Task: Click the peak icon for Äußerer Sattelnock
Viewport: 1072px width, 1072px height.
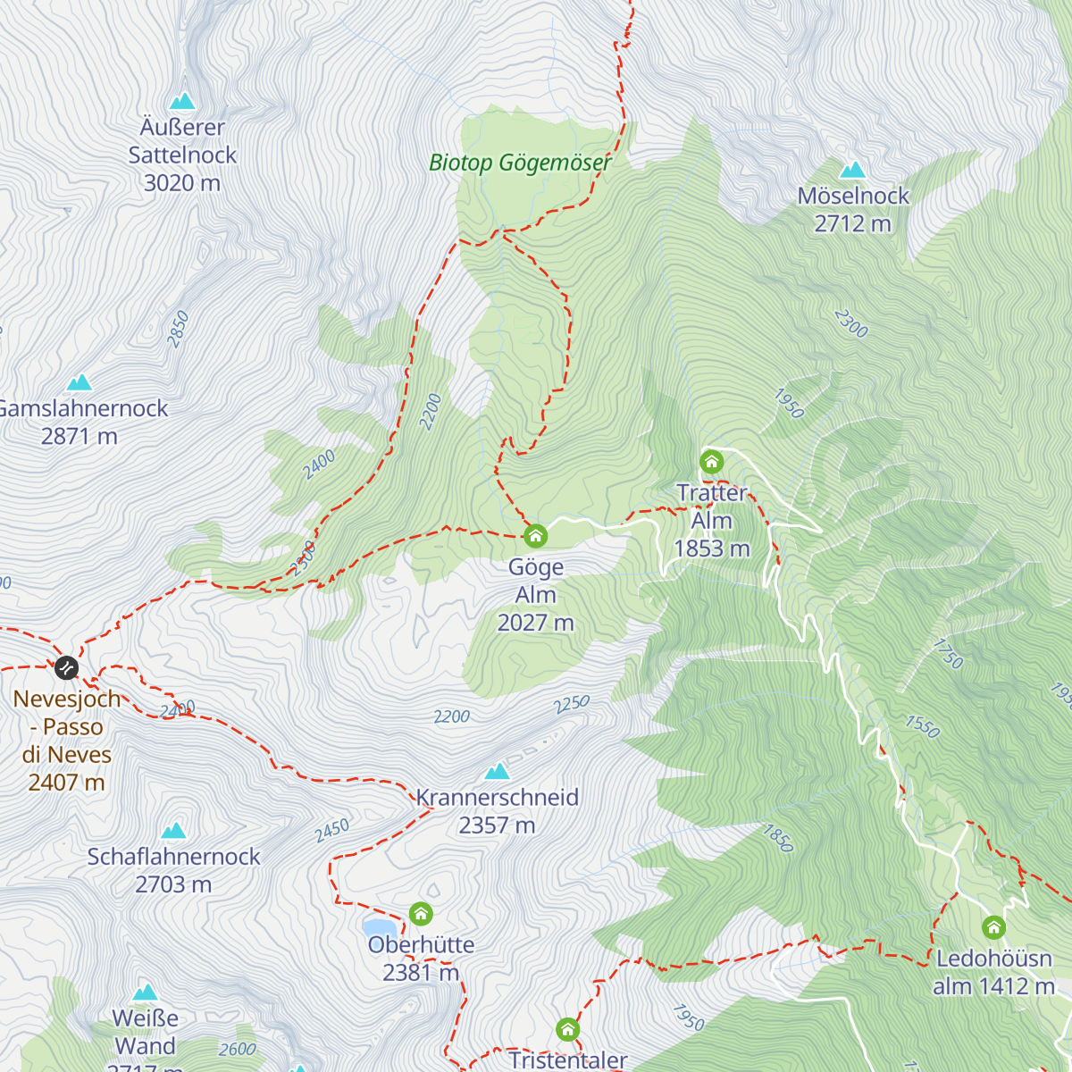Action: click(182, 100)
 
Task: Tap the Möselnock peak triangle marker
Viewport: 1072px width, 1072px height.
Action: click(852, 170)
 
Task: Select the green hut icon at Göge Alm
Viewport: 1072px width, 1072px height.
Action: click(535, 536)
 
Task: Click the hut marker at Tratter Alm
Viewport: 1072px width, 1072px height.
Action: click(711, 462)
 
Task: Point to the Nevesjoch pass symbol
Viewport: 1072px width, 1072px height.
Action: click(66, 667)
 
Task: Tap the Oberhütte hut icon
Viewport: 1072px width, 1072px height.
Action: click(421, 914)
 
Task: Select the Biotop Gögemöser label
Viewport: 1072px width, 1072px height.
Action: click(520, 163)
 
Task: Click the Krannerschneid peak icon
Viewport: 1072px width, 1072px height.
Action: click(497, 771)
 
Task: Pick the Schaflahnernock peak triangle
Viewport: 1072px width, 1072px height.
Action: click(173, 831)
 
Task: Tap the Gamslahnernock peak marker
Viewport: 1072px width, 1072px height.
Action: click(80, 382)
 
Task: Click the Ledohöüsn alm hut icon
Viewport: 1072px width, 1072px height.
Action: click(993, 927)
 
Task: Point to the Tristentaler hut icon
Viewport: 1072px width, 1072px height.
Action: click(567, 1030)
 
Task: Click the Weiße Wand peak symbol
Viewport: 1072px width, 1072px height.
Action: click(145, 992)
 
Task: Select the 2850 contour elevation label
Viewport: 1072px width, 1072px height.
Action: click(178, 329)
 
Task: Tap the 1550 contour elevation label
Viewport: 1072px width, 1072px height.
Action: click(922, 726)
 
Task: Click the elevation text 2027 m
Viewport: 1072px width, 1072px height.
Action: click(535, 623)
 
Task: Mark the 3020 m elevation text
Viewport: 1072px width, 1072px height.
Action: click(182, 183)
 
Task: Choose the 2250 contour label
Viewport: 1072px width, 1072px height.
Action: click(572, 705)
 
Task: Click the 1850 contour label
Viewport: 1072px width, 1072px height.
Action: click(777, 838)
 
